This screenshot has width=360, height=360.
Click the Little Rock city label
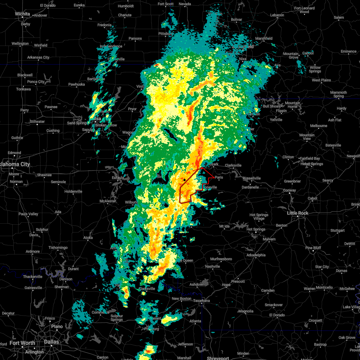pyautogui.click(x=298, y=213)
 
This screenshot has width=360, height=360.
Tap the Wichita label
pyautogui.click(x=22, y=14)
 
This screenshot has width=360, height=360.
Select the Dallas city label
pyautogui.click(x=52, y=342)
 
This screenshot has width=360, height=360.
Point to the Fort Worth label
pyautogui.click(x=22, y=343)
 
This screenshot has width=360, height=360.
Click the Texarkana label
pyautogui.click(x=202, y=301)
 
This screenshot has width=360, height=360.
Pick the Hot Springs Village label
pyautogui.click(x=259, y=217)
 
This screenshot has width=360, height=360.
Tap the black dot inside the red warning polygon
pyautogui.click(x=184, y=180)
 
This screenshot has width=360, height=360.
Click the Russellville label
pyautogui.click(x=251, y=178)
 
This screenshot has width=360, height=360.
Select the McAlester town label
pyautogui.click(x=108, y=201)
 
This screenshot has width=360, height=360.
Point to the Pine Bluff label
pyautogui.click(x=313, y=248)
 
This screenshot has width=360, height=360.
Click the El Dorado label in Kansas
pyautogui.click(x=48, y=5)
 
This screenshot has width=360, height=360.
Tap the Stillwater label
pyautogui.click(x=37, y=121)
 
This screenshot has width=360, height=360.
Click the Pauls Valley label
pyautogui.click(x=28, y=214)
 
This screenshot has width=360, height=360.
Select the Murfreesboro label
pyautogui.click(x=221, y=259)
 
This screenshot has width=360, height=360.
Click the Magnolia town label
pyautogui.click(x=246, y=311)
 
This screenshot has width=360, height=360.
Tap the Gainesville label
pyautogui.click(x=33, y=288)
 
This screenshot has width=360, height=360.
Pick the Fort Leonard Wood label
pyautogui.click(x=304, y=10)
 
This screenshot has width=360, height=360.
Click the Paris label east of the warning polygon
pyautogui.click(x=219, y=177)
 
